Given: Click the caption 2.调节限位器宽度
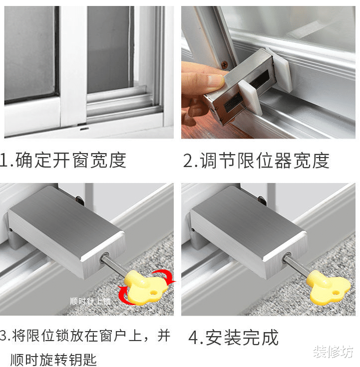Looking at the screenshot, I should click(256, 161).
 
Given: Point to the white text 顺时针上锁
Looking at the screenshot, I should click(90, 301).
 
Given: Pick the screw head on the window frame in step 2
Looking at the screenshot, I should click(225, 63).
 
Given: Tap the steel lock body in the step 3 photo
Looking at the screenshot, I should click(65, 229).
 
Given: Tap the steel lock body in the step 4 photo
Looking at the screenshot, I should click(247, 229).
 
